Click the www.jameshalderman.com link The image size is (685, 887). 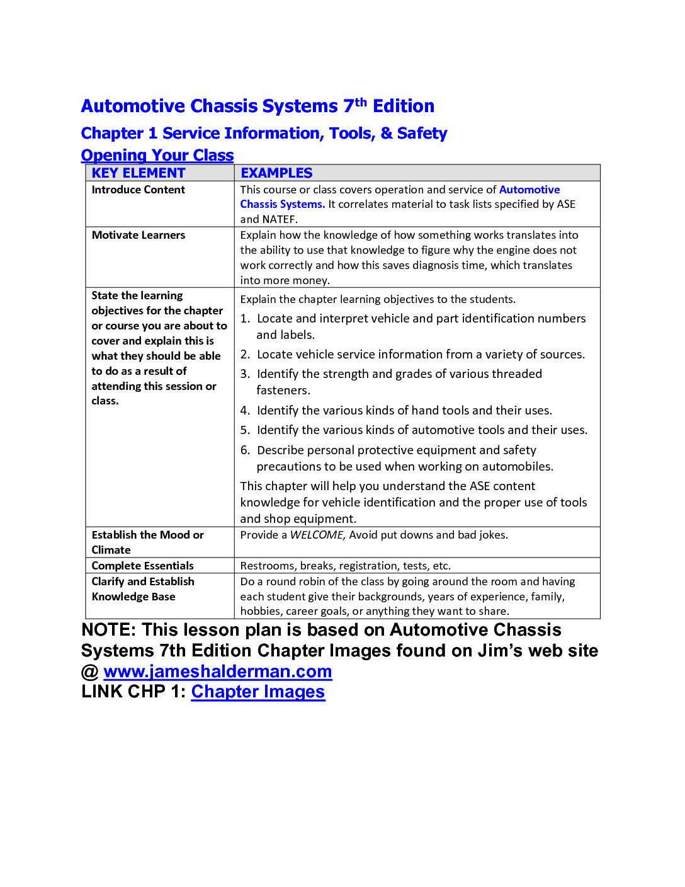217,672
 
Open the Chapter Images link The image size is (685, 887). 258,692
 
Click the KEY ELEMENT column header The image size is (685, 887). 139,173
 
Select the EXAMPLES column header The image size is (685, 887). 276,173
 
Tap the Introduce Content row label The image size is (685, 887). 138,190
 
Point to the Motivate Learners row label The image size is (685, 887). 139,235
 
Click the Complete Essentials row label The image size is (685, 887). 142,566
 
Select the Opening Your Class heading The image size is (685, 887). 157,155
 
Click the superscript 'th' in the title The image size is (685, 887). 361,101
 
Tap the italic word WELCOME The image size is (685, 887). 317,535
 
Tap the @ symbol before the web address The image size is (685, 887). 90,672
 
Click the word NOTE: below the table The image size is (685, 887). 108,630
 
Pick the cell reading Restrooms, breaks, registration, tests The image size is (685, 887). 345,566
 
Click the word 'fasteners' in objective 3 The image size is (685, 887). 283,391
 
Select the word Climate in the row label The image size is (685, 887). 111,550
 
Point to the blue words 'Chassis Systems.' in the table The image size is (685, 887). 282,204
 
